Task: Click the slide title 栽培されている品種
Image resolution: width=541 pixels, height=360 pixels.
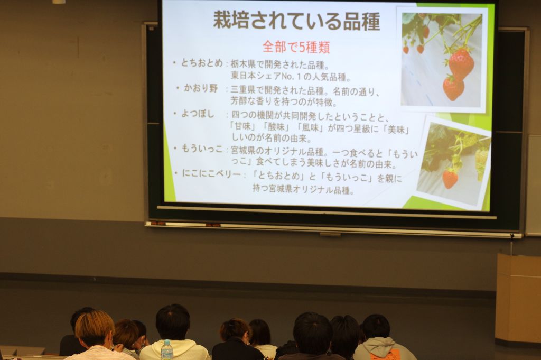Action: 296,21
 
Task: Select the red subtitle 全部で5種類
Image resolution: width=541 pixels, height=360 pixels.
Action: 296,47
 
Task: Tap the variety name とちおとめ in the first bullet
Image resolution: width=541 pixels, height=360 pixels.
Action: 202,63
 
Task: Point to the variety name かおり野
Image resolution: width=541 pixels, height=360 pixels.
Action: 201,88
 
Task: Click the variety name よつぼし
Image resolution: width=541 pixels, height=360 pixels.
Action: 198,114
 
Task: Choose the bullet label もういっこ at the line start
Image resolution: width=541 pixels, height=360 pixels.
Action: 202,149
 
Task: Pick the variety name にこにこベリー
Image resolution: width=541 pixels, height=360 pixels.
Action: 211,173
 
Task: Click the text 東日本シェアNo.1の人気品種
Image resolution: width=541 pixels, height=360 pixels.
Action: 291,76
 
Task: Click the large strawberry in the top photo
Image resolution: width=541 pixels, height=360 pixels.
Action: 461,64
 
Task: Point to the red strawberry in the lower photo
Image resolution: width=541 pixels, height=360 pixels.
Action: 450,179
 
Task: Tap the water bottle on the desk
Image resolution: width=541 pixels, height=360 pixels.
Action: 167,349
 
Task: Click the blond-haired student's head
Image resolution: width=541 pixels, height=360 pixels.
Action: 95,329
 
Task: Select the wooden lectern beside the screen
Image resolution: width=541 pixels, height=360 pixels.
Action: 518,299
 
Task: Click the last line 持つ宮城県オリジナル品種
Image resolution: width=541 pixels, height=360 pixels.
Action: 303,189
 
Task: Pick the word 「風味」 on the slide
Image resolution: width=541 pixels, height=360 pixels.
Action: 311,128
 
